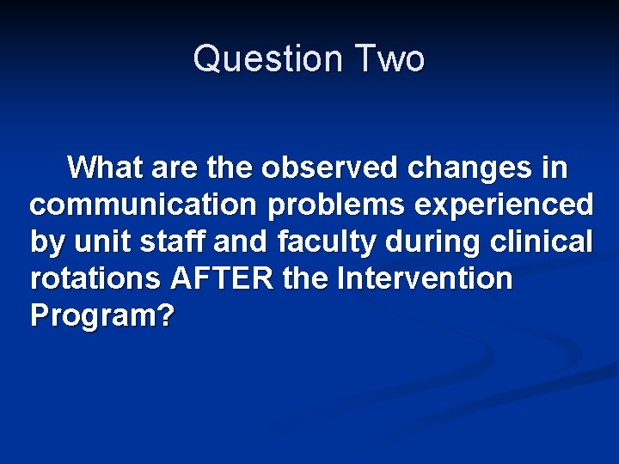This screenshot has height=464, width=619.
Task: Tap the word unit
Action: click(100, 241)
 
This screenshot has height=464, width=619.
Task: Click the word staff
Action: click(168, 241)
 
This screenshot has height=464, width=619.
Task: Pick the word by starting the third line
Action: click(46, 243)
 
